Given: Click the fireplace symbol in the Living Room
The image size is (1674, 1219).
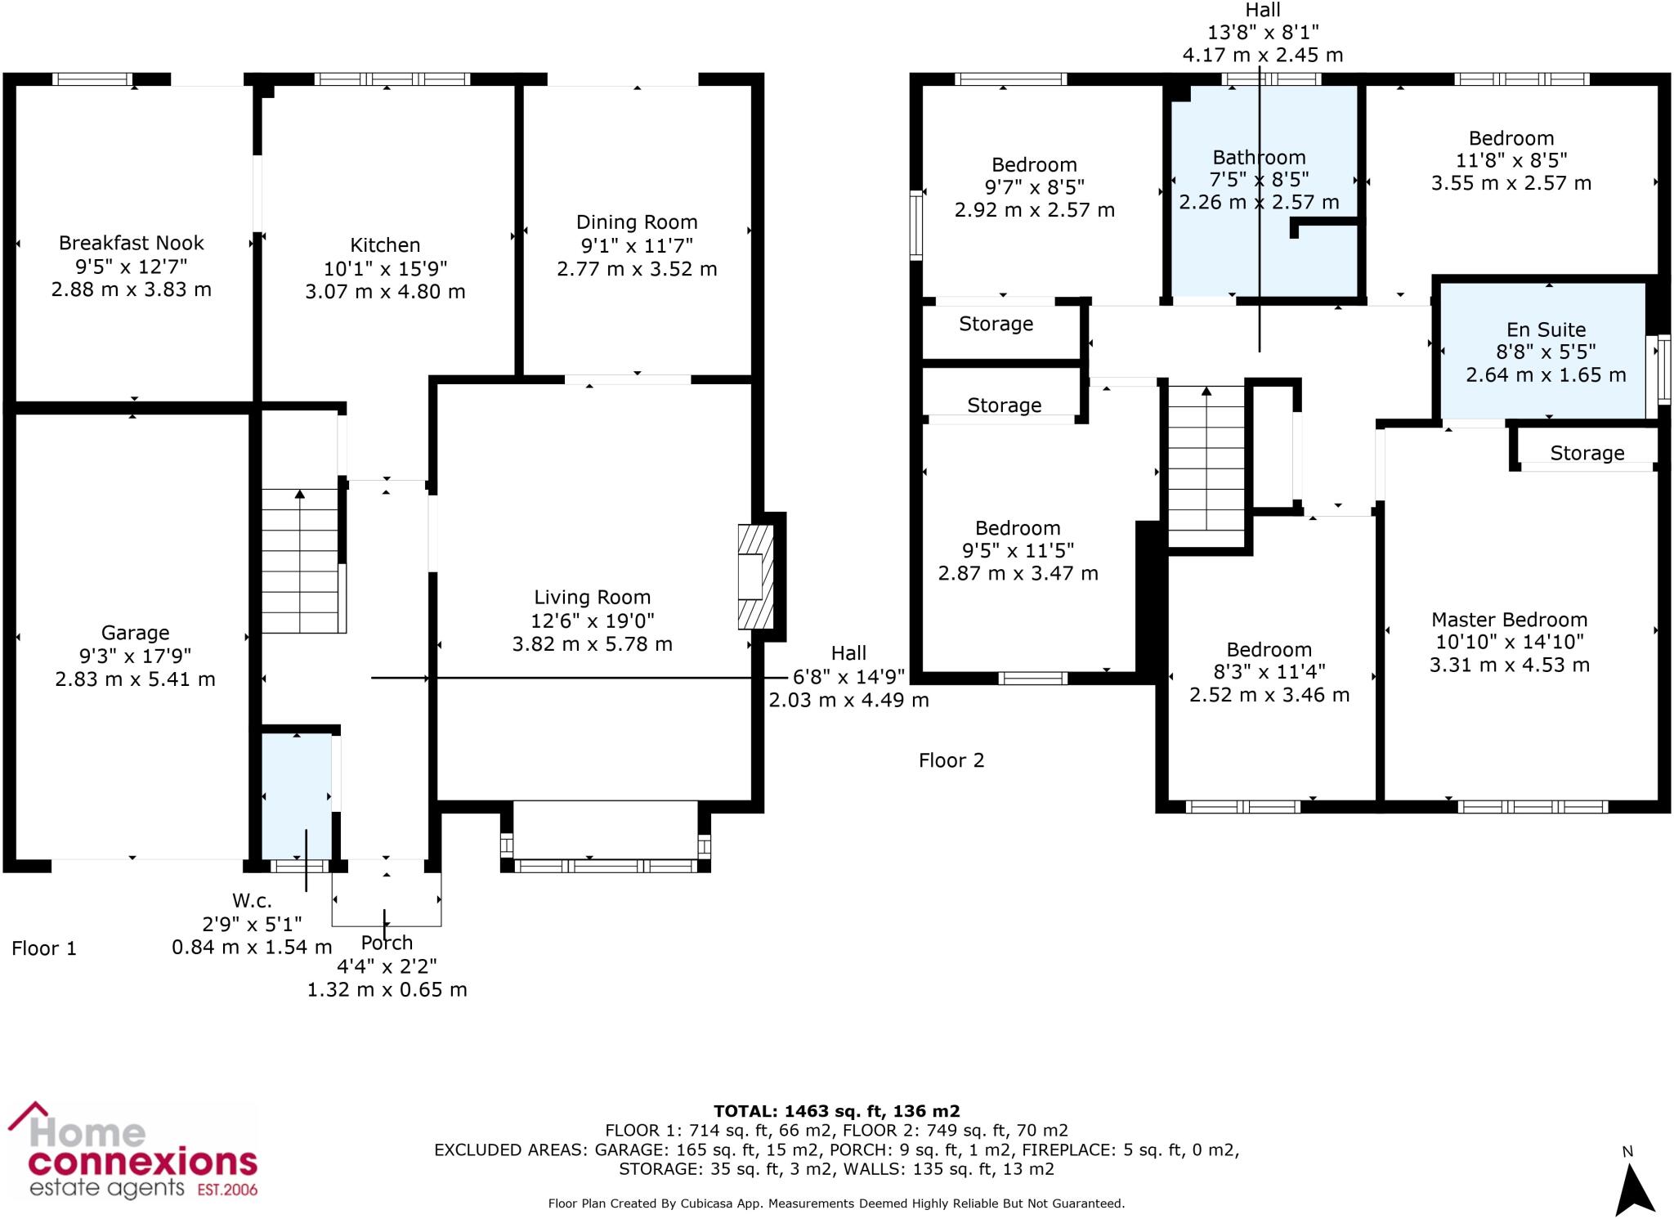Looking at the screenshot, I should pyautogui.click(x=755, y=576).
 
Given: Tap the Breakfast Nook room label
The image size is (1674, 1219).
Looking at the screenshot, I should pyautogui.click(x=132, y=243).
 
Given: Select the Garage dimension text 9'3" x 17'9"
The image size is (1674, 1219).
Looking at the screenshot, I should pyautogui.click(x=136, y=656).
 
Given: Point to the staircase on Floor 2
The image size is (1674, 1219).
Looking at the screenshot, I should pyautogui.click(x=1206, y=466).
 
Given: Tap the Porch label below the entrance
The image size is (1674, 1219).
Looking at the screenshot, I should pyautogui.click(x=387, y=943).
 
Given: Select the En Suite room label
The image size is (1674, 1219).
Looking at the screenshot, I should pyautogui.click(x=1546, y=329).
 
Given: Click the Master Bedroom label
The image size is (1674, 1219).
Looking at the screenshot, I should pyautogui.click(x=1509, y=620).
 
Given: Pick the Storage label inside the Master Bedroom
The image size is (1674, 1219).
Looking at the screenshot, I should pyautogui.click(x=1587, y=453).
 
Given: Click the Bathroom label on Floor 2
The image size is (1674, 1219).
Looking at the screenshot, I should pyautogui.click(x=1259, y=157).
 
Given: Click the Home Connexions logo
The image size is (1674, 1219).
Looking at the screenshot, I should pyautogui.click(x=132, y=1150).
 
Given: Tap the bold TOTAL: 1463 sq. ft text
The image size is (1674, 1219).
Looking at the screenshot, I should pyautogui.click(x=836, y=1111).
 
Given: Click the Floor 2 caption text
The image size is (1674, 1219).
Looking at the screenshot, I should pyautogui.click(x=951, y=760).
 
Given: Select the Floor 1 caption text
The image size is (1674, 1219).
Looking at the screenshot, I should pyautogui.click(x=44, y=948).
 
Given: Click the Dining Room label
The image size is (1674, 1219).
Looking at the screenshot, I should pyautogui.click(x=637, y=222).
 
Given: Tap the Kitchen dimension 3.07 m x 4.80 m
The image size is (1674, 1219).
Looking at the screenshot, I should pyautogui.click(x=385, y=292).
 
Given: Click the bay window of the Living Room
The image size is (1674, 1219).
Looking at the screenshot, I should pyautogui.click(x=606, y=864).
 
